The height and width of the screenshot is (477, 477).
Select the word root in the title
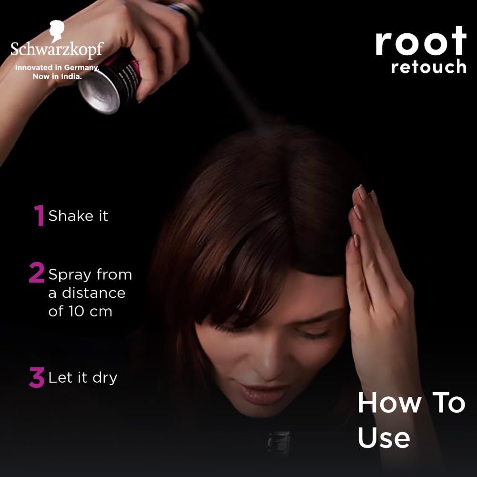pyautogui.click(x=420, y=42)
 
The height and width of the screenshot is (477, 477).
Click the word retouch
pyautogui.click(x=428, y=67)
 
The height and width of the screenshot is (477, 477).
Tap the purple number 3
pyautogui.click(x=37, y=377)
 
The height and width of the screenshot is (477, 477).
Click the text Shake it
pyautogui.click(x=78, y=216)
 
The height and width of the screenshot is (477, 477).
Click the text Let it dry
pyautogui.click(x=82, y=378)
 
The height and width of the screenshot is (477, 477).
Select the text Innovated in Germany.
pyautogui.click(x=57, y=68)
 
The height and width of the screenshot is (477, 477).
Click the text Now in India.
pyautogui.click(x=57, y=76)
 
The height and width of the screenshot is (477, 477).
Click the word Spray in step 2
pyautogui.click(x=70, y=275)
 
